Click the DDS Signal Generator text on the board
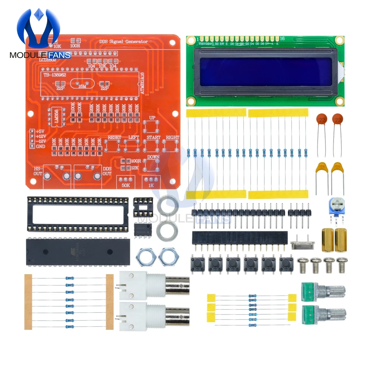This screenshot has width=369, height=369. (124, 41)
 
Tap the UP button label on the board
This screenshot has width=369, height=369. (152, 118)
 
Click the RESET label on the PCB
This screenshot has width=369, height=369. (114, 138)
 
